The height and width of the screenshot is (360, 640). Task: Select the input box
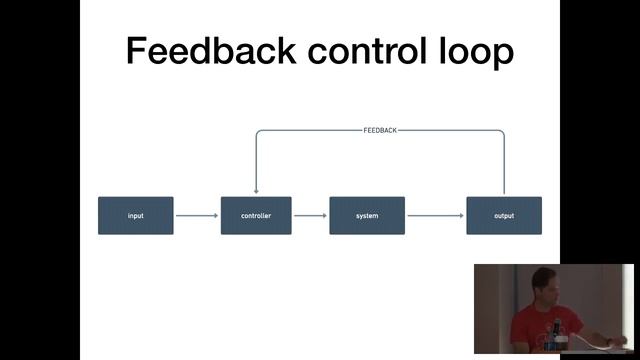pos(136,216)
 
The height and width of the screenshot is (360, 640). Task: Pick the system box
pos(367,216)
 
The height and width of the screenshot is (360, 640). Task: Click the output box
pos(504,216)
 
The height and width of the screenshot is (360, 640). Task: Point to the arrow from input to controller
pos(197,215)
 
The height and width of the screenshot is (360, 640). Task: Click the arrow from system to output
pos(435,215)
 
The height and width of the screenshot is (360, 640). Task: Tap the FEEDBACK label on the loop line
pos(380,130)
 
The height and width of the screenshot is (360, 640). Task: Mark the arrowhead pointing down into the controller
pos(257,191)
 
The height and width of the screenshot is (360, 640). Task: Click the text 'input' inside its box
pos(136,216)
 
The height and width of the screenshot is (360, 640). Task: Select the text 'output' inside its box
pos(504,216)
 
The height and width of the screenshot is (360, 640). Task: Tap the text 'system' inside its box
pos(367,216)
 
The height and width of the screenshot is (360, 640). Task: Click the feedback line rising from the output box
pos(504,165)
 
